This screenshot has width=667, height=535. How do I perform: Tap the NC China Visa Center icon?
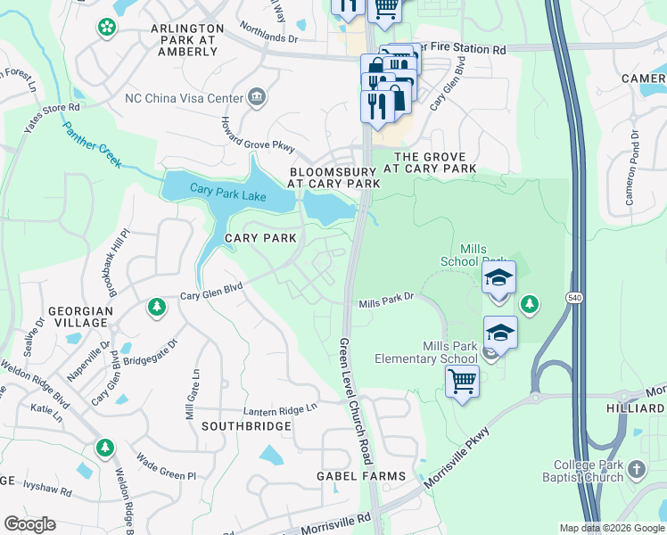point(257,96)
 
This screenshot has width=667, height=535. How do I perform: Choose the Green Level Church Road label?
point(356,401)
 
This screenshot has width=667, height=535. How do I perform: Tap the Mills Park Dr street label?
point(388,303)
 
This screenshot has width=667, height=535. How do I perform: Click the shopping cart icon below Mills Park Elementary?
point(462,382)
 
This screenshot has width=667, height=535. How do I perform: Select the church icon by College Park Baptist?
point(636,468)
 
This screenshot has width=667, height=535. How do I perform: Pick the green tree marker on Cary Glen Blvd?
point(157,307)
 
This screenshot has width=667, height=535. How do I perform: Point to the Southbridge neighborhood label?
point(246,426)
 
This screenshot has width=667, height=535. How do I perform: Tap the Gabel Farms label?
point(361,476)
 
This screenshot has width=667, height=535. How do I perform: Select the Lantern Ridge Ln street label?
point(281,409)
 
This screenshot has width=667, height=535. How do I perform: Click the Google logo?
point(29,524)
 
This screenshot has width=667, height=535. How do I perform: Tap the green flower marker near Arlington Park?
point(107,28)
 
